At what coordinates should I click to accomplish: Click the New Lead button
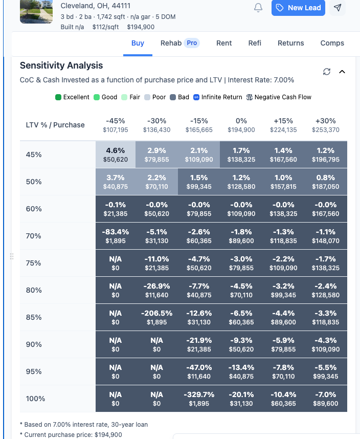pyautogui.click(x=298, y=8)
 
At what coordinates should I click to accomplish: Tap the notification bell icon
pyautogui.click(x=258, y=8)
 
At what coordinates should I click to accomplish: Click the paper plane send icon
pyautogui.click(x=337, y=8)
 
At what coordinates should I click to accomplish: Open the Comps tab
pyautogui.click(x=332, y=43)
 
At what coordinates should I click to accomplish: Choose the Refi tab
pyautogui.click(x=255, y=43)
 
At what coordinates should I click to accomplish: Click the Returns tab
pyautogui.click(x=290, y=43)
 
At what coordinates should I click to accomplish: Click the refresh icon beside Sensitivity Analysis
pyautogui.click(x=327, y=72)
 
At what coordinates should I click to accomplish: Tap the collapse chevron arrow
pyautogui.click(x=342, y=72)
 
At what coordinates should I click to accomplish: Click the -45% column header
pyautogui.click(x=116, y=125)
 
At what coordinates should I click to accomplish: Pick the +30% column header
pyautogui.click(x=326, y=125)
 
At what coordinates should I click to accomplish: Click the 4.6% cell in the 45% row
pyautogui.click(x=116, y=154)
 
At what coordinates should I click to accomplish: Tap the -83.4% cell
pyautogui.click(x=116, y=235)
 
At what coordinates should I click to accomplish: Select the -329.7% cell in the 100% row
pyautogui.click(x=198, y=399)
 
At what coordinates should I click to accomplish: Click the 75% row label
pyautogui.click(x=34, y=263)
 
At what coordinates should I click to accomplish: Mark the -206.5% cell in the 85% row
pyautogui.click(x=156, y=317)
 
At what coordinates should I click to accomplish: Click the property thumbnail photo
pyautogui.click(x=36, y=11)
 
